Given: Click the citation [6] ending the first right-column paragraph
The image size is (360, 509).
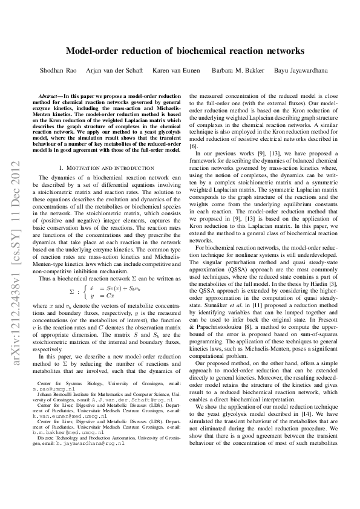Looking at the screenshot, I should [194, 147].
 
